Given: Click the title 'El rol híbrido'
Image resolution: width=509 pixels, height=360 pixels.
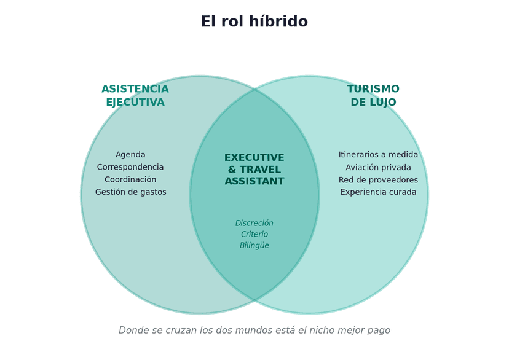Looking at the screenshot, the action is tap(254, 22).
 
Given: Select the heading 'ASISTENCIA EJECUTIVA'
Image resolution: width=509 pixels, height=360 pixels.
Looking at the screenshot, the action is tap(135, 95).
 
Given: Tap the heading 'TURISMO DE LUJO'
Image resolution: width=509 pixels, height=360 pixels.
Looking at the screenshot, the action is tap(373, 95).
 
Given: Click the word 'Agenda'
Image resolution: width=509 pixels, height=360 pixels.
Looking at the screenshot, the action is tap(130, 155).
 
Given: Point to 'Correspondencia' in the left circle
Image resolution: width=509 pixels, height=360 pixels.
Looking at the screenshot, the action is tap(130, 167).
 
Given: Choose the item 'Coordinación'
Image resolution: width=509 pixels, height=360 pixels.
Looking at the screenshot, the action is tap(130, 179).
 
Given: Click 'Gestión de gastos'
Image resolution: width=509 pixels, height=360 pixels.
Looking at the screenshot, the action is tap(130, 192).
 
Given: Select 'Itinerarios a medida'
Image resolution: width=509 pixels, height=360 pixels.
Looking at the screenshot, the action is tap(378, 155).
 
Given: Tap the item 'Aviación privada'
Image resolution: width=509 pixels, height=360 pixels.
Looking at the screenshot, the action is tap(378, 168).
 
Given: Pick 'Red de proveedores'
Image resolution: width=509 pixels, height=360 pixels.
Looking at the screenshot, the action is tap(378, 180).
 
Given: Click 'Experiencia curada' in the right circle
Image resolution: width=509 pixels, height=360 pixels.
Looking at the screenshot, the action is tap(378, 192).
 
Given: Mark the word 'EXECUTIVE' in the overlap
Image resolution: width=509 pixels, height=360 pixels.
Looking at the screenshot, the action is tap(254, 158).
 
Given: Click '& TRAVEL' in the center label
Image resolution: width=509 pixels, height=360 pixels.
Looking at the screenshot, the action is tap(254, 170).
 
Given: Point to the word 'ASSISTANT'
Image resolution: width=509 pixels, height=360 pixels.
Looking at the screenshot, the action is tap(254, 181).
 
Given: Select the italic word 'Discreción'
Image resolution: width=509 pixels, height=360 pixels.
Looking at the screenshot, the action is tap(254, 223).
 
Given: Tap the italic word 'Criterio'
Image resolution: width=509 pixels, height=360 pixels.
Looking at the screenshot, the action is tap(254, 234).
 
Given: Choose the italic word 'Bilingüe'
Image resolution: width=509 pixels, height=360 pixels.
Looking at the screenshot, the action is tap(254, 246).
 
